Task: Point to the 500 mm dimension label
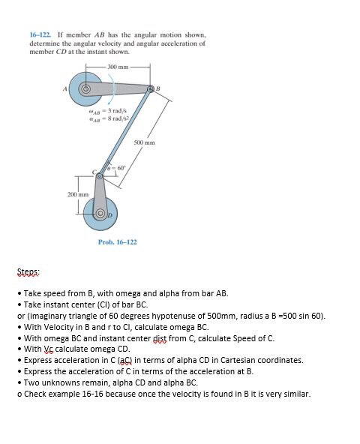[x=145, y=142]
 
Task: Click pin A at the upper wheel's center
[x=86, y=88]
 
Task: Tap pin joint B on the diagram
[x=150, y=89]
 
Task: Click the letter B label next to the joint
[x=158, y=89]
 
